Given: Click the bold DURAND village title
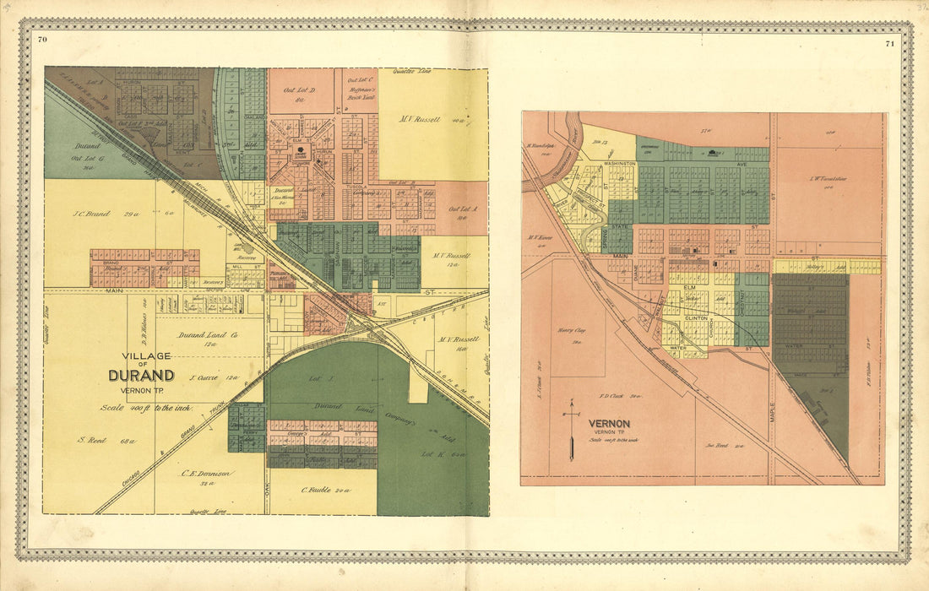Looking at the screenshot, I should click(141, 376).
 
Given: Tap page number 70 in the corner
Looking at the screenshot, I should click(42, 40).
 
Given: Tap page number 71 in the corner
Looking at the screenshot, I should click(889, 42).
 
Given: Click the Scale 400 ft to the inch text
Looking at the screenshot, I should click(147, 409).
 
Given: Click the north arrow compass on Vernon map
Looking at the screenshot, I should click(572, 431).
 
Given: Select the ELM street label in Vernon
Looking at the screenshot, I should click(689, 288).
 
